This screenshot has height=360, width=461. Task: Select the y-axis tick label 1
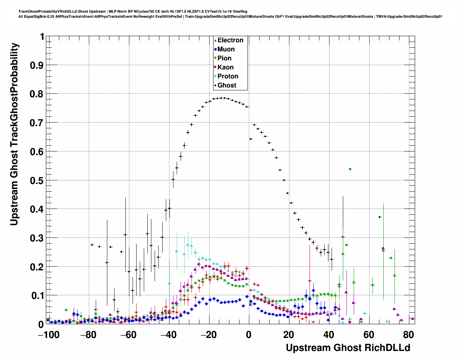pyautogui.click(x=42, y=37)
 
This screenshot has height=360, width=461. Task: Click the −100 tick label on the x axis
pyautogui.click(x=46, y=335)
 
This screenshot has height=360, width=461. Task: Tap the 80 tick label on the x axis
pyautogui.click(x=409, y=335)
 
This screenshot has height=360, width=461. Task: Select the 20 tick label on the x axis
pyautogui.click(x=289, y=335)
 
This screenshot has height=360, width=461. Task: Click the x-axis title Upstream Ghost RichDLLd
pyautogui.click(x=348, y=348)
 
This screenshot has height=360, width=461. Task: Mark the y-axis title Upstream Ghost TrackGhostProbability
pyautogui.click(x=14, y=134)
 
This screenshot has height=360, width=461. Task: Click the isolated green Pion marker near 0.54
pyautogui.click(x=350, y=169)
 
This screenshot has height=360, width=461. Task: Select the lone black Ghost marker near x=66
pyautogui.click(x=380, y=217)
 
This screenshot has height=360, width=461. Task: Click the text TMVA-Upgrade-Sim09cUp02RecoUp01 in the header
pyautogui.click(x=409, y=16)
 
